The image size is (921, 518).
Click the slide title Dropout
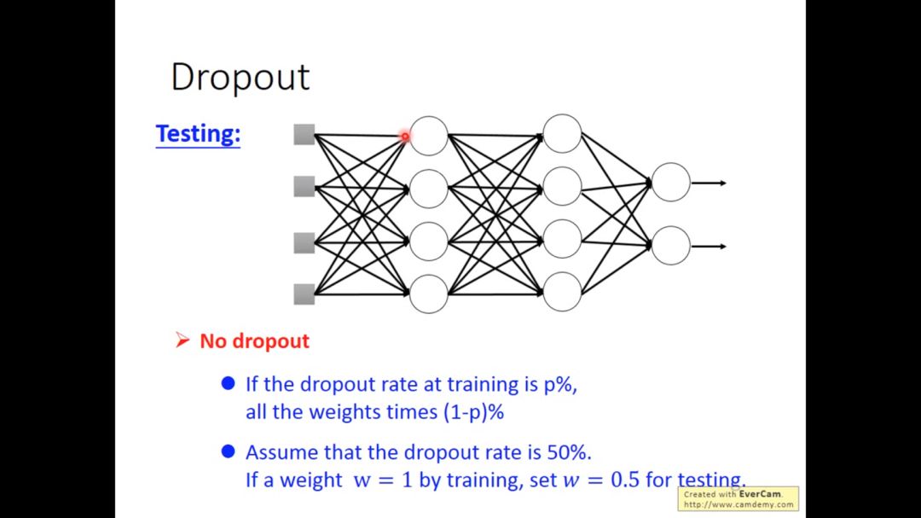(240, 77)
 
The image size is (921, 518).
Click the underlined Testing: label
(198, 134)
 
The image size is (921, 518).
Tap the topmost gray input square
(304, 134)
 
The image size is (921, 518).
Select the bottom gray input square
(304, 294)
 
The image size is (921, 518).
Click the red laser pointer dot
(405, 136)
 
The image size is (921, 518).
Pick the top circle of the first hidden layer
(429, 136)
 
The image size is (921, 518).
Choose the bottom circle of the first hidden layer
(429, 294)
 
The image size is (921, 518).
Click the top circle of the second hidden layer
(562, 134)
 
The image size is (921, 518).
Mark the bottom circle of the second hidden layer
(562, 292)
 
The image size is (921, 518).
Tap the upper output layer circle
(671, 183)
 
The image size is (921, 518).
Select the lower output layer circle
(671, 246)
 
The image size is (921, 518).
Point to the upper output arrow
(709, 183)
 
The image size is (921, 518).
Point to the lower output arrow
(709, 247)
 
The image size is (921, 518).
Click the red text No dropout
(254, 341)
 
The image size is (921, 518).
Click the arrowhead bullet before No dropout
(182, 340)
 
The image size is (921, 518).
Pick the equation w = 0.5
(601, 480)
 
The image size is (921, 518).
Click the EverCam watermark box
(739, 499)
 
